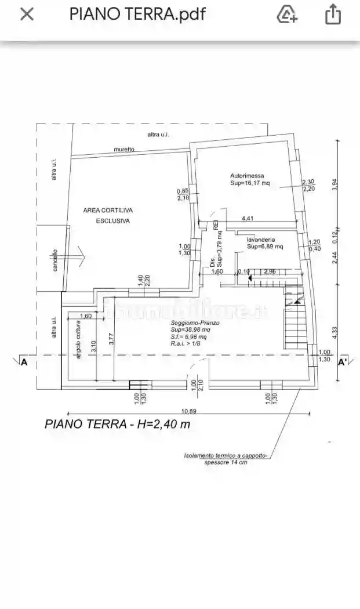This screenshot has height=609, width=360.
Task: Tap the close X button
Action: tap(27, 14)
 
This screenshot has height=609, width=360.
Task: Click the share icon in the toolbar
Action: tap(333, 14)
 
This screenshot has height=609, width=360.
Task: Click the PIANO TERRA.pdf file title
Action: tap(137, 14)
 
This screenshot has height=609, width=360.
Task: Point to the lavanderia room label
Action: tap(261, 239)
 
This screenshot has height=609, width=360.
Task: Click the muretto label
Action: tap(124, 150)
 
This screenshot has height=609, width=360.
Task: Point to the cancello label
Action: tap(55, 260)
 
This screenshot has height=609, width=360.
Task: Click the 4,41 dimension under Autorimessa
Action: tap(248, 219)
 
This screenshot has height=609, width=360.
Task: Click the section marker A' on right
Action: tap(343, 363)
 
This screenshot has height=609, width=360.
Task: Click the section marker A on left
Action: tap(24, 363)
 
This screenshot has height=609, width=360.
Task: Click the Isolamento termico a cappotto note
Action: tap(226, 459)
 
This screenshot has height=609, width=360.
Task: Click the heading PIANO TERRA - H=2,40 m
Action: tap(117, 425)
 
